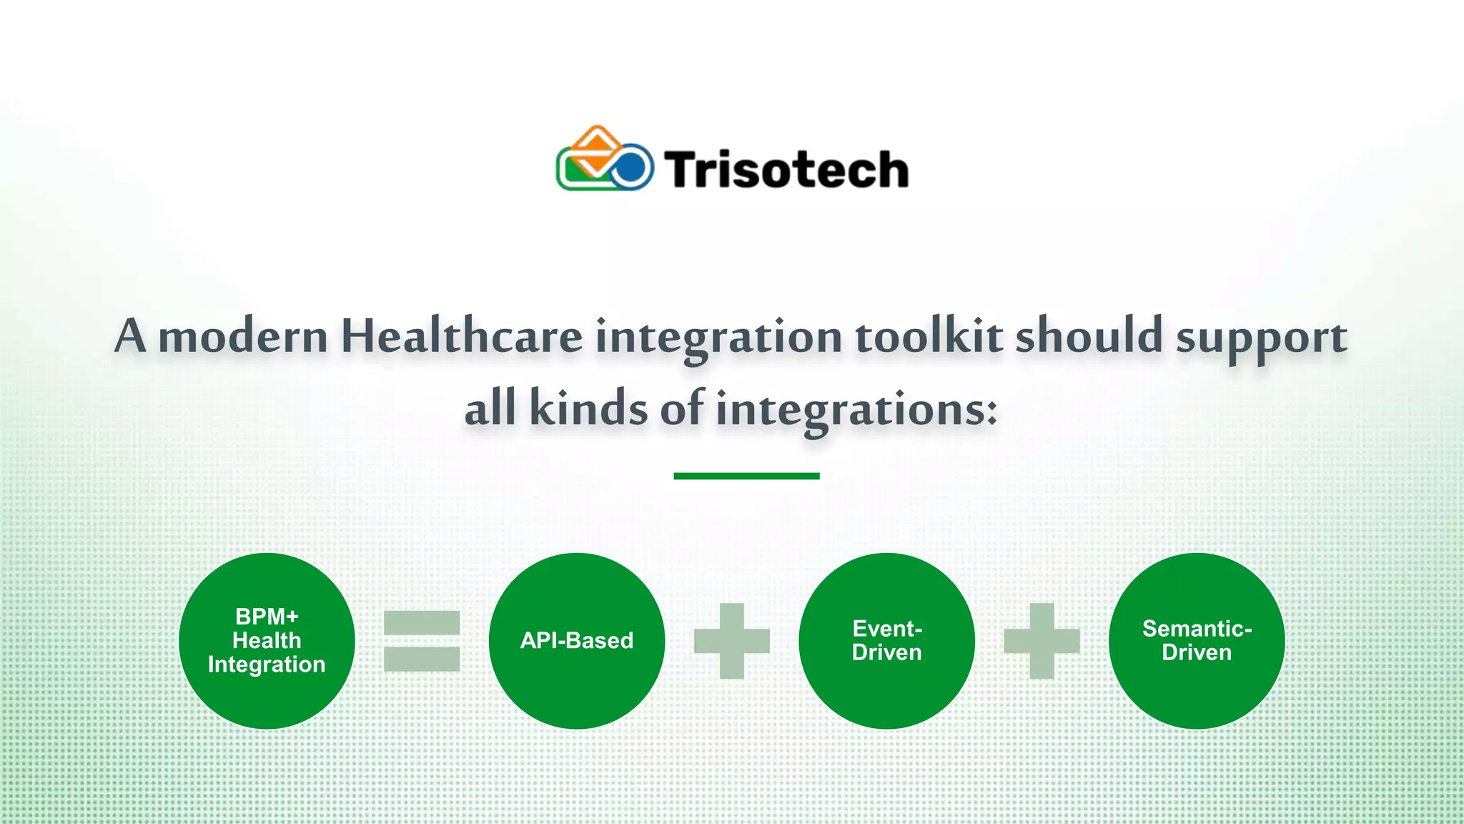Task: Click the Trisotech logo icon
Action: point(604,160)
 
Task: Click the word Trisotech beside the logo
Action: point(786,170)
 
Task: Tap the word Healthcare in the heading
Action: point(461,336)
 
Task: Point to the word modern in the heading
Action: point(242,336)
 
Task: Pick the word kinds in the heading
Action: point(588,409)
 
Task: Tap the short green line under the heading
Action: point(746,476)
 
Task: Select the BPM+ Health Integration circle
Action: point(267,641)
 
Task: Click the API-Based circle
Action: point(577,641)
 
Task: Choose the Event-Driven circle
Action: point(886,641)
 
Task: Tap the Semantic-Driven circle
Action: point(1197,641)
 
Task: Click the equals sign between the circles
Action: point(422,641)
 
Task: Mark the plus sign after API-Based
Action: point(732,641)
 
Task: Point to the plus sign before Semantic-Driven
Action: point(1042,641)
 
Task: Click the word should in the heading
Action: point(1089,336)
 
